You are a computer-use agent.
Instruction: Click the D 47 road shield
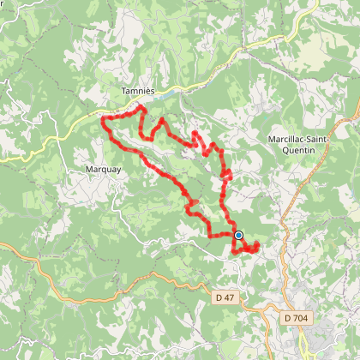(x=225, y=297)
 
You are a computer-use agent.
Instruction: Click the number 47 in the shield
(x=228, y=297)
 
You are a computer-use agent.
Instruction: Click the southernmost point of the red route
(x=234, y=254)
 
